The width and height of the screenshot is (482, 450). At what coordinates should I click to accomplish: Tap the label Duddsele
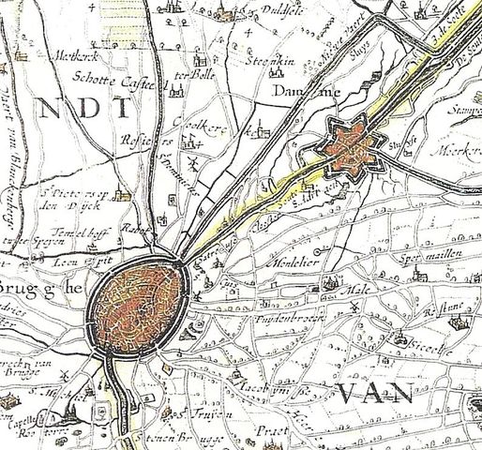tap(281, 16)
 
